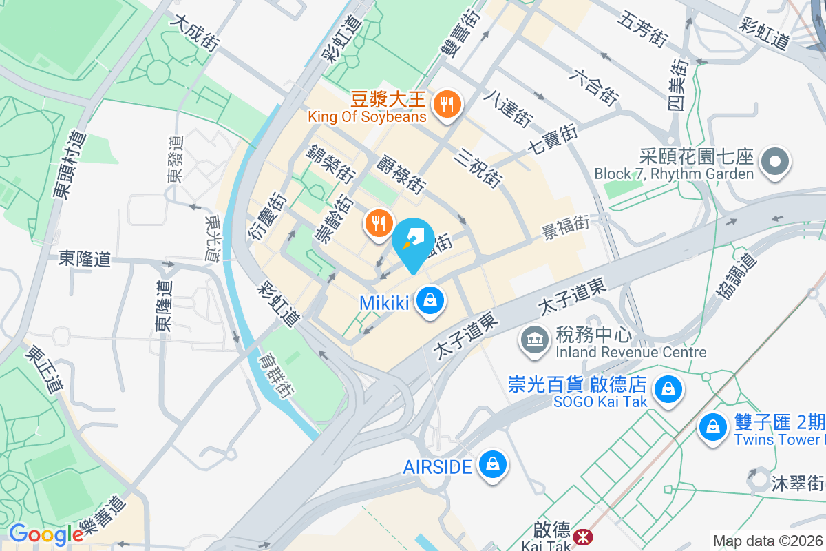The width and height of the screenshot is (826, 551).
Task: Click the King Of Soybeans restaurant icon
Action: [x=447, y=105]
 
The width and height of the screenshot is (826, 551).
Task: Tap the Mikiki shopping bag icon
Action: [x=430, y=301]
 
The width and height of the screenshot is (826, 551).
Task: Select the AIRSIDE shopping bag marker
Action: [x=492, y=465]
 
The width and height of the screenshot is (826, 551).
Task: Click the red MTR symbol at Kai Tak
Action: [x=584, y=537]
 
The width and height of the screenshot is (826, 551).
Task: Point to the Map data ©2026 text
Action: [x=767, y=541]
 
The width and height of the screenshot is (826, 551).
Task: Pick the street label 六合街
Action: [x=593, y=86]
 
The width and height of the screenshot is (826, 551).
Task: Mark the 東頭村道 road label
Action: [x=72, y=165]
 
